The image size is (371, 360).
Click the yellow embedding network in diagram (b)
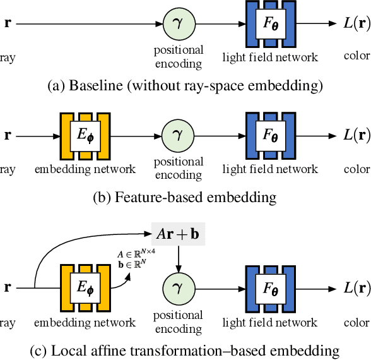[85, 135]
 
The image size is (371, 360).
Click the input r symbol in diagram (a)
[8, 25]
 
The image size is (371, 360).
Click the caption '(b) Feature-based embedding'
[185, 197]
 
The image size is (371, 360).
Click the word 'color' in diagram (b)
[356, 169]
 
